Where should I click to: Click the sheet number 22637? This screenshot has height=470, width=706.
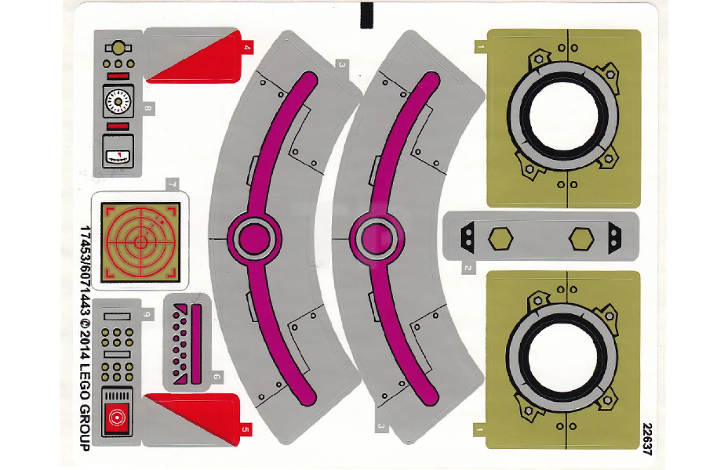pyautogui.click(x=647, y=439)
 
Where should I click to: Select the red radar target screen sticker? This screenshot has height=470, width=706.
pyautogui.click(x=141, y=242)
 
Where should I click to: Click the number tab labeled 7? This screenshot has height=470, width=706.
pyautogui.click(x=172, y=184)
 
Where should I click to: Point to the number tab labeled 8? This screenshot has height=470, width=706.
pyautogui.click(x=148, y=109)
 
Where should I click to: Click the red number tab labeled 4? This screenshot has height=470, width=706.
pyautogui.click(x=247, y=48)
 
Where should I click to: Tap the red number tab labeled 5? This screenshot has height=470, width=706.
pyautogui.click(x=246, y=429)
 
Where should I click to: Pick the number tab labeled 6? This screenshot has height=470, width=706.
pyautogui.click(x=217, y=377)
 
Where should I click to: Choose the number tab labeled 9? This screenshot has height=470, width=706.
pyautogui.click(x=147, y=314)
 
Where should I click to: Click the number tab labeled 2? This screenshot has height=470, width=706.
pyautogui.click(x=468, y=268)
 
